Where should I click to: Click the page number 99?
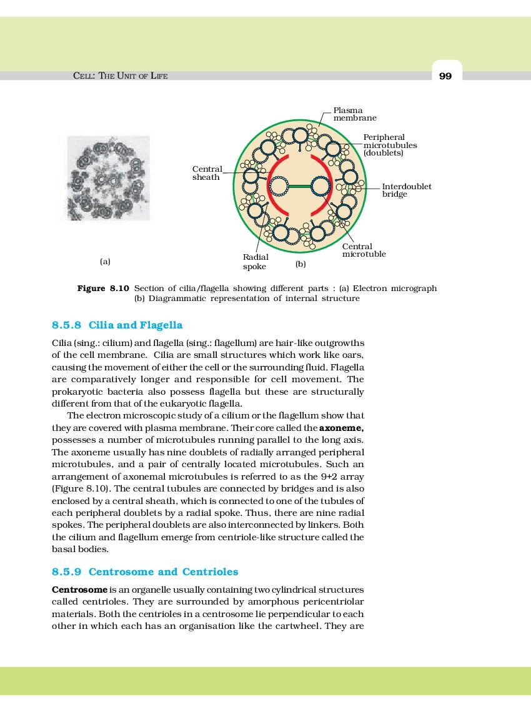click(445, 76)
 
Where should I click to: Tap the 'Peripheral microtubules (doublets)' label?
click(390, 145)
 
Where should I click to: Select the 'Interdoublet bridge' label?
click(406, 190)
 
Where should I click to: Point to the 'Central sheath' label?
click(206, 173)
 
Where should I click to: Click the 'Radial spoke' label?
click(256, 262)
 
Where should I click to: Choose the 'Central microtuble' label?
click(364, 250)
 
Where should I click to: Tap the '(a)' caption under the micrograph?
click(105, 261)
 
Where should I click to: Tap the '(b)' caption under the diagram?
click(300, 264)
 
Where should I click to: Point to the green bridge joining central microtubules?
click(300, 185)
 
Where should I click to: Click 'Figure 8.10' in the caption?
click(102, 289)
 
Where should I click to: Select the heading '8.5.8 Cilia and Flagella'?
click(117, 325)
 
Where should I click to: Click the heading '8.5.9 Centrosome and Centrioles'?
click(144, 572)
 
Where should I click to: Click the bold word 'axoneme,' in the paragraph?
click(341, 428)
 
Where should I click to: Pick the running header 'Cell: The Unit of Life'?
click(121, 76)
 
